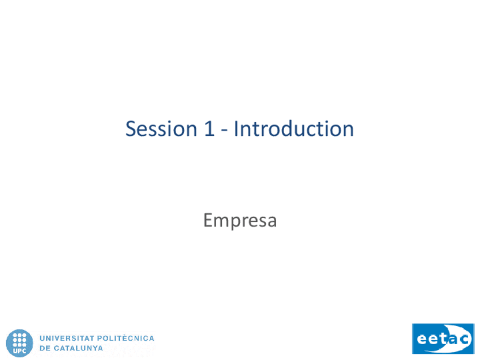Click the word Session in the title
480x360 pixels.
161,128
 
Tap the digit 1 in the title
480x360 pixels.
209,128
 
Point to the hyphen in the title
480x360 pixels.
224,131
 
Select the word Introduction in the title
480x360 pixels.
294,128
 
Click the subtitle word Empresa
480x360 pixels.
240,221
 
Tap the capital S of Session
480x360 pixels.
131,128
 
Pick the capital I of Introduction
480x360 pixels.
236,128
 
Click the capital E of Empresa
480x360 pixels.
208,220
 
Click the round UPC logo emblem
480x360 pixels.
19,343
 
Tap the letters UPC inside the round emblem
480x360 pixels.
19,351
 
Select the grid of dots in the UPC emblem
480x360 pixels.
20,340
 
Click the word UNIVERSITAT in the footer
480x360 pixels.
67,338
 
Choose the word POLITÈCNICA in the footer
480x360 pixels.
126,338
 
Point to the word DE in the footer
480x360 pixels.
44,348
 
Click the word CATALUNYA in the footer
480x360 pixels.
78,348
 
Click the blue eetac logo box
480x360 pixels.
443,338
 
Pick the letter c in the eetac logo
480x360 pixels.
464,340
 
